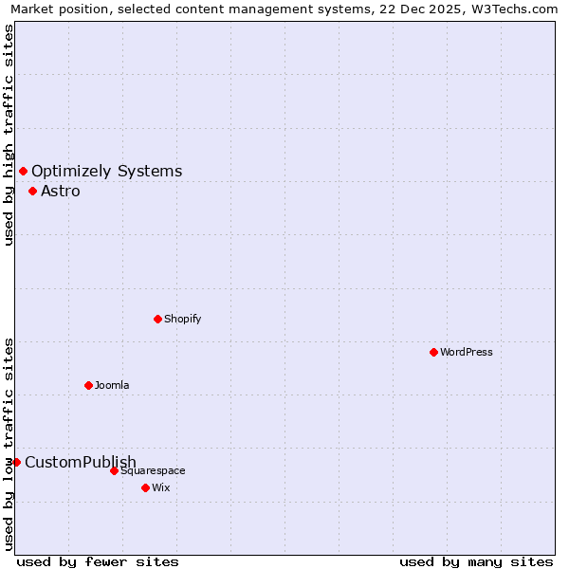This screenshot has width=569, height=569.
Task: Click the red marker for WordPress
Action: pyautogui.click(x=433, y=352)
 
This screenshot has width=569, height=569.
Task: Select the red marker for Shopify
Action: pyautogui.click(x=157, y=319)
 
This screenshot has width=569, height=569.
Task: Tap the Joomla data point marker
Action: pyautogui.click(x=88, y=385)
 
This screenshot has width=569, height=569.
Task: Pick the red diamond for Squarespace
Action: pyautogui.click(x=114, y=470)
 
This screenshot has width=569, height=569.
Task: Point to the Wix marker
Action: pyautogui.click(x=145, y=487)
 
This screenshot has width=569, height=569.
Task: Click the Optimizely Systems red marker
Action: pyautogui.click(x=23, y=171)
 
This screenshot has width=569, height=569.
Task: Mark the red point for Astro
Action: pyautogui.click(x=32, y=191)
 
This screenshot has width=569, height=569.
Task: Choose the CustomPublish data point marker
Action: pyautogui.click(x=16, y=462)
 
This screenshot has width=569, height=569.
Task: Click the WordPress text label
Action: pyautogui.click(x=467, y=352)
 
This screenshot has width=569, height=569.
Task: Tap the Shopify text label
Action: pyautogui.click(x=183, y=319)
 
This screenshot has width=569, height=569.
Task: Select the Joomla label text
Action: pyautogui.click(x=112, y=385)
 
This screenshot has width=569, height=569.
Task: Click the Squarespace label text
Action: pyautogui.click(x=153, y=470)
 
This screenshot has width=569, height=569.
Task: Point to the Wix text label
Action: pyautogui.click(x=161, y=487)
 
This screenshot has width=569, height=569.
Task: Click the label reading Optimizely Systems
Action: pyautogui.click(x=107, y=171)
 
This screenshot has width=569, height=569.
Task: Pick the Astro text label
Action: pyautogui.click(x=61, y=191)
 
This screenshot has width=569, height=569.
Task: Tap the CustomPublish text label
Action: pyautogui.click(x=81, y=462)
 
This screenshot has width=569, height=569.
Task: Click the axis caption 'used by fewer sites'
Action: pyautogui.click(x=98, y=561)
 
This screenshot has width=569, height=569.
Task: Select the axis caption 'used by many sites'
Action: pyautogui.click(x=476, y=561)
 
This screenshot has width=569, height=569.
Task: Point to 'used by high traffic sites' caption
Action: pyautogui.click(x=9, y=135)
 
